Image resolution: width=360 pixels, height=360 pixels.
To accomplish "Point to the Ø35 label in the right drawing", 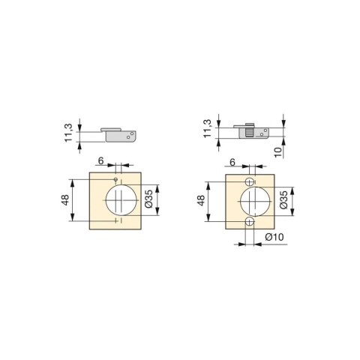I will click(284, 200).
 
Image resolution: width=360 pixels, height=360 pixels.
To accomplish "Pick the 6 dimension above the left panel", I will click(100, 160).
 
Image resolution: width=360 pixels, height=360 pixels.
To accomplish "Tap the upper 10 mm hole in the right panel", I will click(250, 182).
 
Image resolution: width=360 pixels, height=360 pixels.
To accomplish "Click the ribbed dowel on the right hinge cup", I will click(245, 130).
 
